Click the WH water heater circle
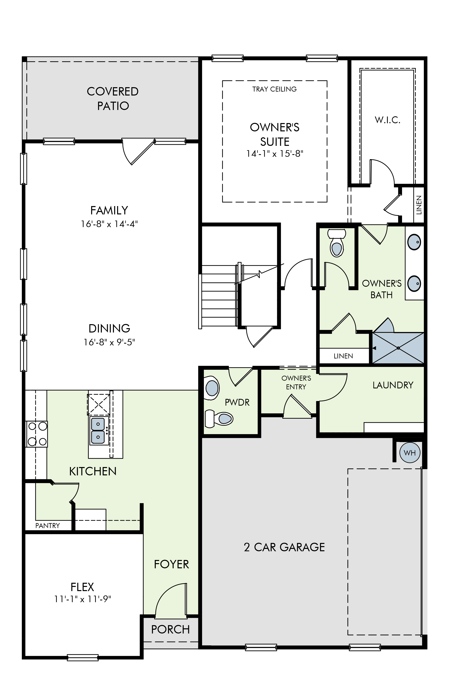click(410, 453)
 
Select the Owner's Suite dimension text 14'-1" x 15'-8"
click(275, 154)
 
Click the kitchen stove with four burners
click(36, 434)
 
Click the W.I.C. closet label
click(387, 120)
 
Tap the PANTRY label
click(48, 525)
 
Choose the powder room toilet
click(220, 418)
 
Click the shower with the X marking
click(398, 348)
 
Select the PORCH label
click(170, 630)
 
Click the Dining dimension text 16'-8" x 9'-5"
click(109, 342)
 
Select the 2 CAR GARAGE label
click(284, 547)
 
